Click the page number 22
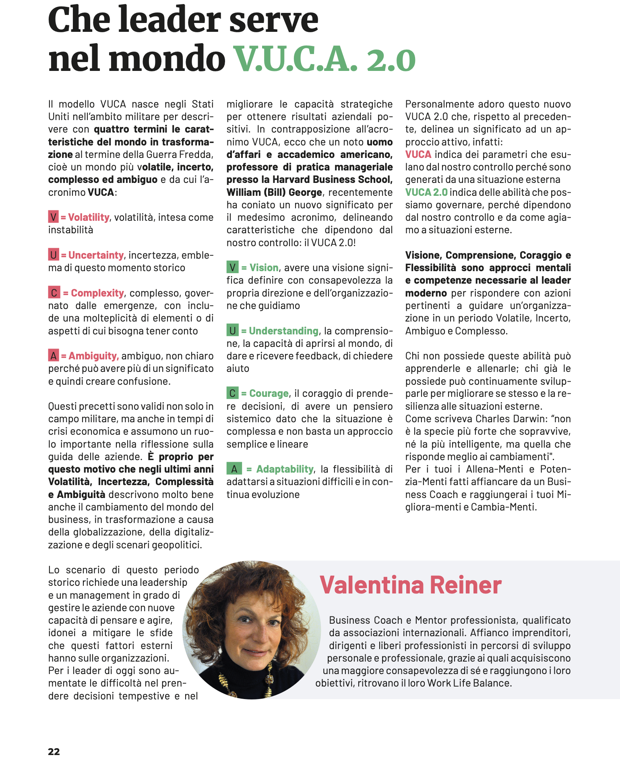(54, 751)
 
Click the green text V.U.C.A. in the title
(296, 59)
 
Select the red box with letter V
(53, 217)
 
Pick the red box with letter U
(53, 255)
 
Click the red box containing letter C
(54, 293)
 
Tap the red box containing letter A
(53, 356)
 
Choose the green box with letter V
(232, 268)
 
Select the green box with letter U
(232, 331)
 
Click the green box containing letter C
(232, 393)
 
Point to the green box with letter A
(234, 469)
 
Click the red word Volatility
(89, 217)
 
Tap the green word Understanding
(283, 331)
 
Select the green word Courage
(269, 393)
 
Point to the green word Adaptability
(285, 469)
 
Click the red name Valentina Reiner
(411, 585)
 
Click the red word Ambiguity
(93, 356)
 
